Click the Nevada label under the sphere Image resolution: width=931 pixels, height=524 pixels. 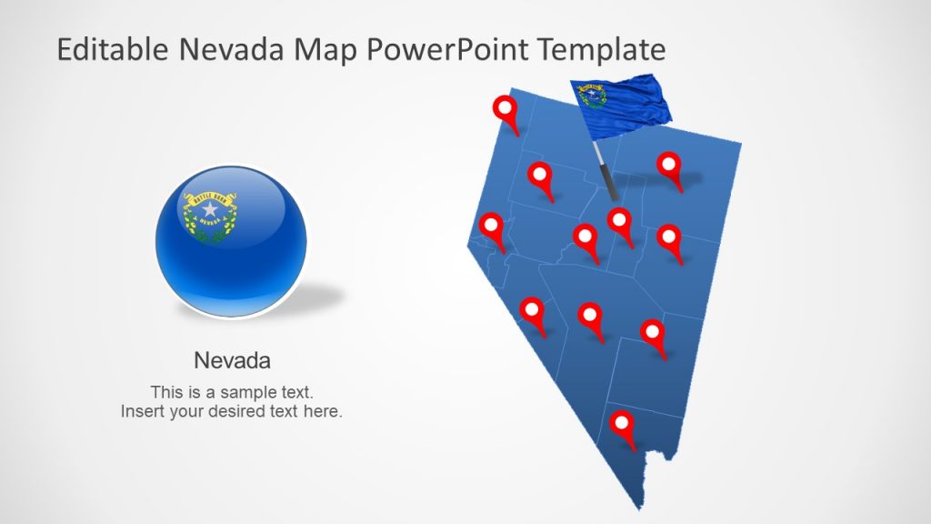(x=233, y=361)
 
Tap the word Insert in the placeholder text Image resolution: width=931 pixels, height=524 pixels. (x=142, y=411)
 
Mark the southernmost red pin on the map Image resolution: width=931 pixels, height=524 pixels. (x=622, y=426)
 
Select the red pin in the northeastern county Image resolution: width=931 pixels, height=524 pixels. (x=670, y=166)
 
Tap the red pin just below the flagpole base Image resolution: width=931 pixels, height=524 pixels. (x=620, y=222)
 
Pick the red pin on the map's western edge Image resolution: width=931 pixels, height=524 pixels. (x=492, y=227)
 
